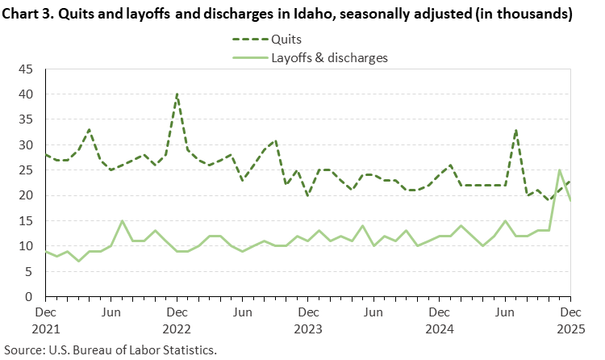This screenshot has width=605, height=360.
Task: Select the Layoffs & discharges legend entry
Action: click(328, 57)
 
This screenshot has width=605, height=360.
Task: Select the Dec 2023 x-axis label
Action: click(308, 319)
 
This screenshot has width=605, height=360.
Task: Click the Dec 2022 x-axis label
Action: click(177, 319)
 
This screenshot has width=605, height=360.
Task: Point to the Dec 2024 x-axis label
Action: click(440, 319)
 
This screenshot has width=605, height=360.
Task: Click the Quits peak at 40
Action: click(177, 94)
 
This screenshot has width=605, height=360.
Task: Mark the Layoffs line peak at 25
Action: click(560, 170)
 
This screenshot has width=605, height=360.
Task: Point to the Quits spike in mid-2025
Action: click(516, 130)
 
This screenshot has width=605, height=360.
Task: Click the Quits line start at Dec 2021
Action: click(45, 155)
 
